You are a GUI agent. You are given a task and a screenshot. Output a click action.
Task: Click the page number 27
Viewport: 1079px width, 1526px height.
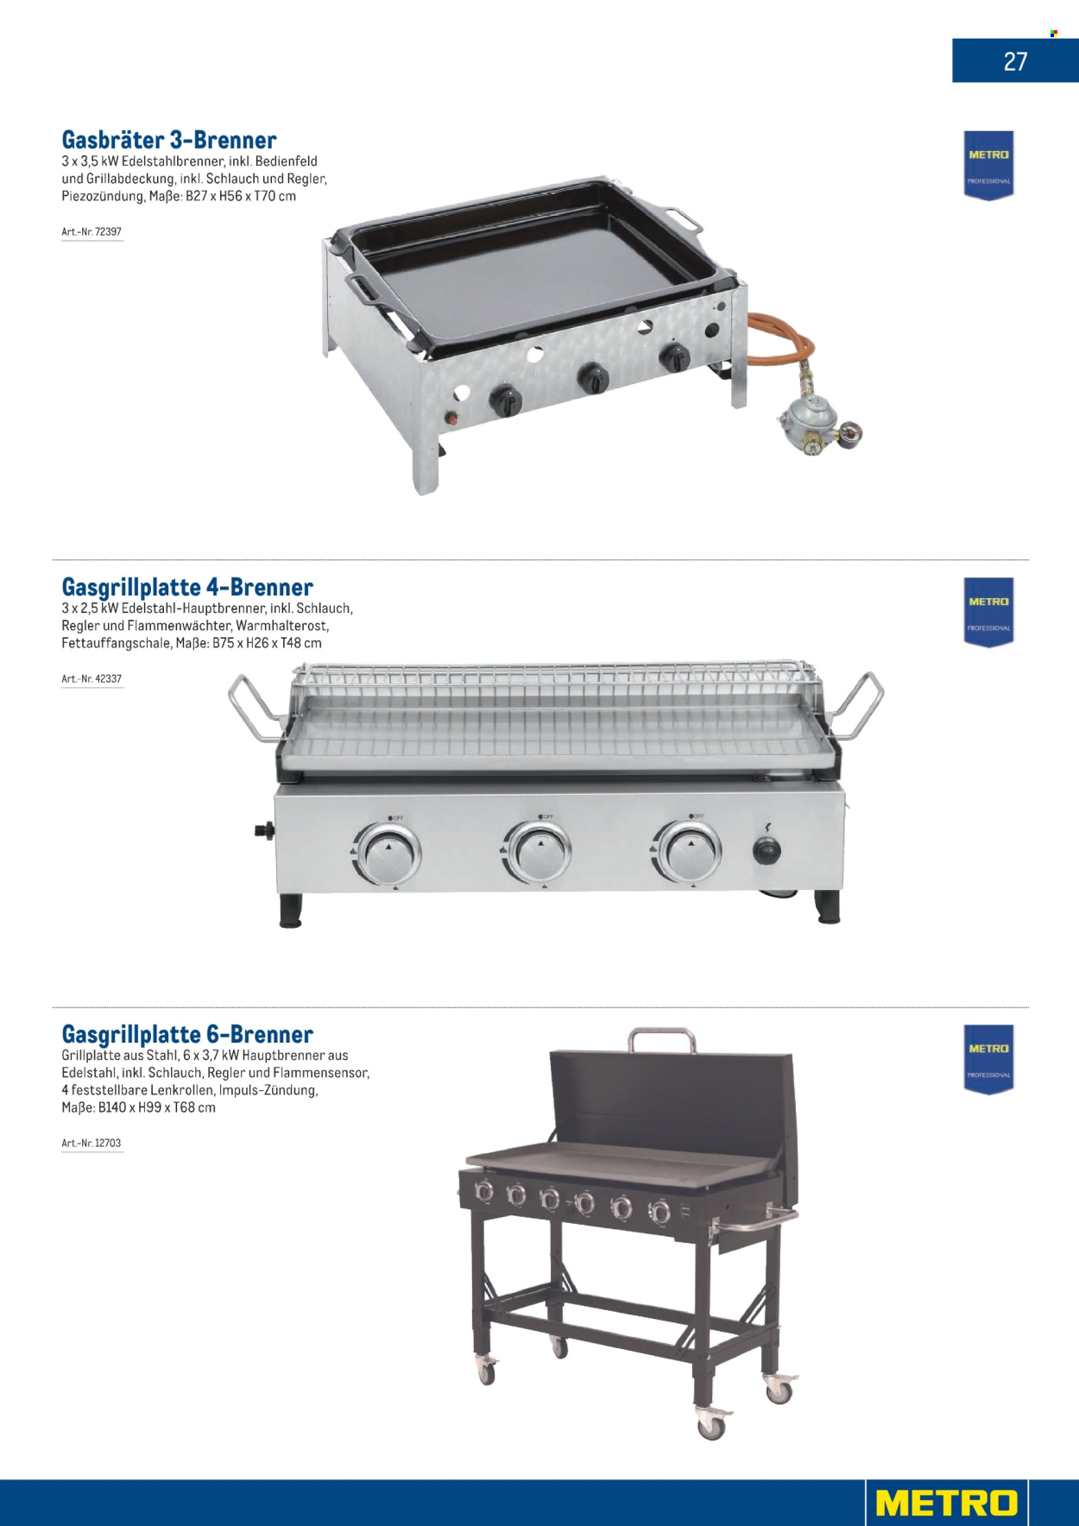coord(1015,61)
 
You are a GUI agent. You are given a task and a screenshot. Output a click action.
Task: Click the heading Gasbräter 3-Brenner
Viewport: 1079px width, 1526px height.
coord(169,140)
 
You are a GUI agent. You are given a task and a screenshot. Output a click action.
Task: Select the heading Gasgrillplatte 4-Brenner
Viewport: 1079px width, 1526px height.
coord(187,587)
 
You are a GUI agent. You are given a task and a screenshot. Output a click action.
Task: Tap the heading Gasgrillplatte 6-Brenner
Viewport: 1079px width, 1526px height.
coord(187,1034)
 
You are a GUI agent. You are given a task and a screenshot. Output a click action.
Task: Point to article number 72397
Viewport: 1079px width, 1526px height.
coord(91,232)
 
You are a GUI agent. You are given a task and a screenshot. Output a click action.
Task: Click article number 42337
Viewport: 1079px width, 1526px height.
coord(91,679)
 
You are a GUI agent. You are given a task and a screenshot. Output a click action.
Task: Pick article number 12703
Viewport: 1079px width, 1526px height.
coord(91,1144)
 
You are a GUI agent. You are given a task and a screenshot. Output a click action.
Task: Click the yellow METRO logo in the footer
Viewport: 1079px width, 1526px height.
coord(947,1503)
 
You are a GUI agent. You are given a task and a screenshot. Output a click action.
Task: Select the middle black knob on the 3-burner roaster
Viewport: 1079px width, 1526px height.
coord(594,378)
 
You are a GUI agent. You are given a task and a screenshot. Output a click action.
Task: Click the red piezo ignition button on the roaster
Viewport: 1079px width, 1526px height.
coord(451,420)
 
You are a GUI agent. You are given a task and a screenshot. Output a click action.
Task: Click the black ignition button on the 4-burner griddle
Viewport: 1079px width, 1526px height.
coord(767,851)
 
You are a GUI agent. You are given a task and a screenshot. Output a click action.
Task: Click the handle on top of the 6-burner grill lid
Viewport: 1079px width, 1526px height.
coord(661,1039)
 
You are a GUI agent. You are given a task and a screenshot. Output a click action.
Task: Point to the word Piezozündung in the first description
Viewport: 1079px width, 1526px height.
coord(103,197)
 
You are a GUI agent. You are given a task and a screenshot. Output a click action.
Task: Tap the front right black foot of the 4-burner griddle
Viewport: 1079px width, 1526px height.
coord(828,908)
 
